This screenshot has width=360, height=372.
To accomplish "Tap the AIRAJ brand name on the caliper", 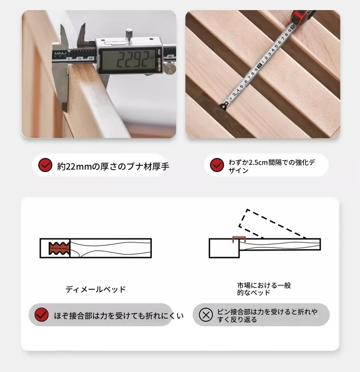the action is (x=60, y=53).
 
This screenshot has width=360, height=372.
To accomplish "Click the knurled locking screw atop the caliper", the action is (x=129, y=34).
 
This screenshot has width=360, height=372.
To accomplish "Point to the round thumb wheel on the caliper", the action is (x=170, y=68).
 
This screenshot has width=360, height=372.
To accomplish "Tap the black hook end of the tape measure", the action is (x=224, y=106).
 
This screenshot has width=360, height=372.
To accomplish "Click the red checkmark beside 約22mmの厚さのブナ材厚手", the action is (x=45, y=165).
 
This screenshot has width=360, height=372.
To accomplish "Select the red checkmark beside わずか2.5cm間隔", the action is (x=217, y=165).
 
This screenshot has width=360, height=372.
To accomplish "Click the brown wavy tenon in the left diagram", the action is (x=59, y=248).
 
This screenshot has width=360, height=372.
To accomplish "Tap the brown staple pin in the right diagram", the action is (x=239, y=240).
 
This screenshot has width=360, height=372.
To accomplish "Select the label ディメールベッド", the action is (x=96, y=289).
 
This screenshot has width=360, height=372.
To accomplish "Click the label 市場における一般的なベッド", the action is (x=264, y=289).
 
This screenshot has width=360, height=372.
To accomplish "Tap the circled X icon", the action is (x=206, y=315).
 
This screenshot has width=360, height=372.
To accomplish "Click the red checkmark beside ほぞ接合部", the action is (x=41, y=315).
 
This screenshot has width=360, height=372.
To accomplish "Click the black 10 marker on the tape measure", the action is (x=259, y=65).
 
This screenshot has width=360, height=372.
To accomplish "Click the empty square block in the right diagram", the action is (x=224, y=248).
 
